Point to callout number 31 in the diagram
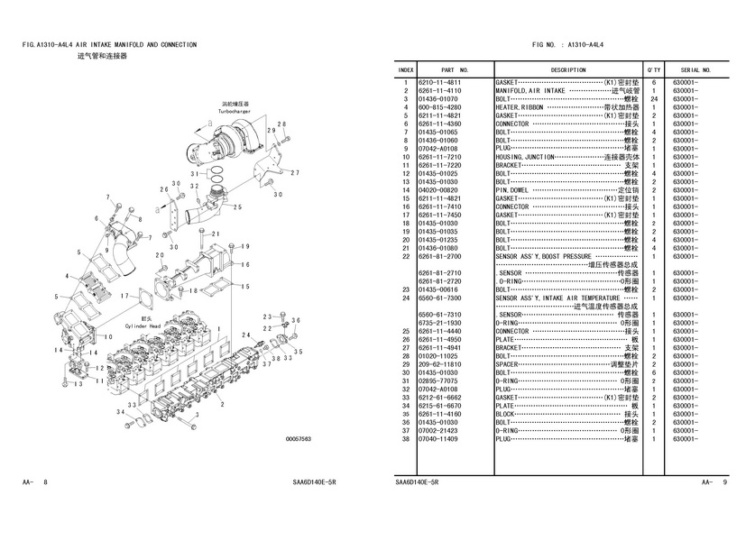[x=196, y=172]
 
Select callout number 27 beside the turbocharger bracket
[x=295, y=172]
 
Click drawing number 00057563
[x=298, y=439]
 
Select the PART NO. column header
[x=454, y=69]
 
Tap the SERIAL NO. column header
[x=695, y=69]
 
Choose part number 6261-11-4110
[x=439, y=90]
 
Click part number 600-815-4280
[x=439, y=107]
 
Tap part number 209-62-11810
[x=439, y=363]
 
